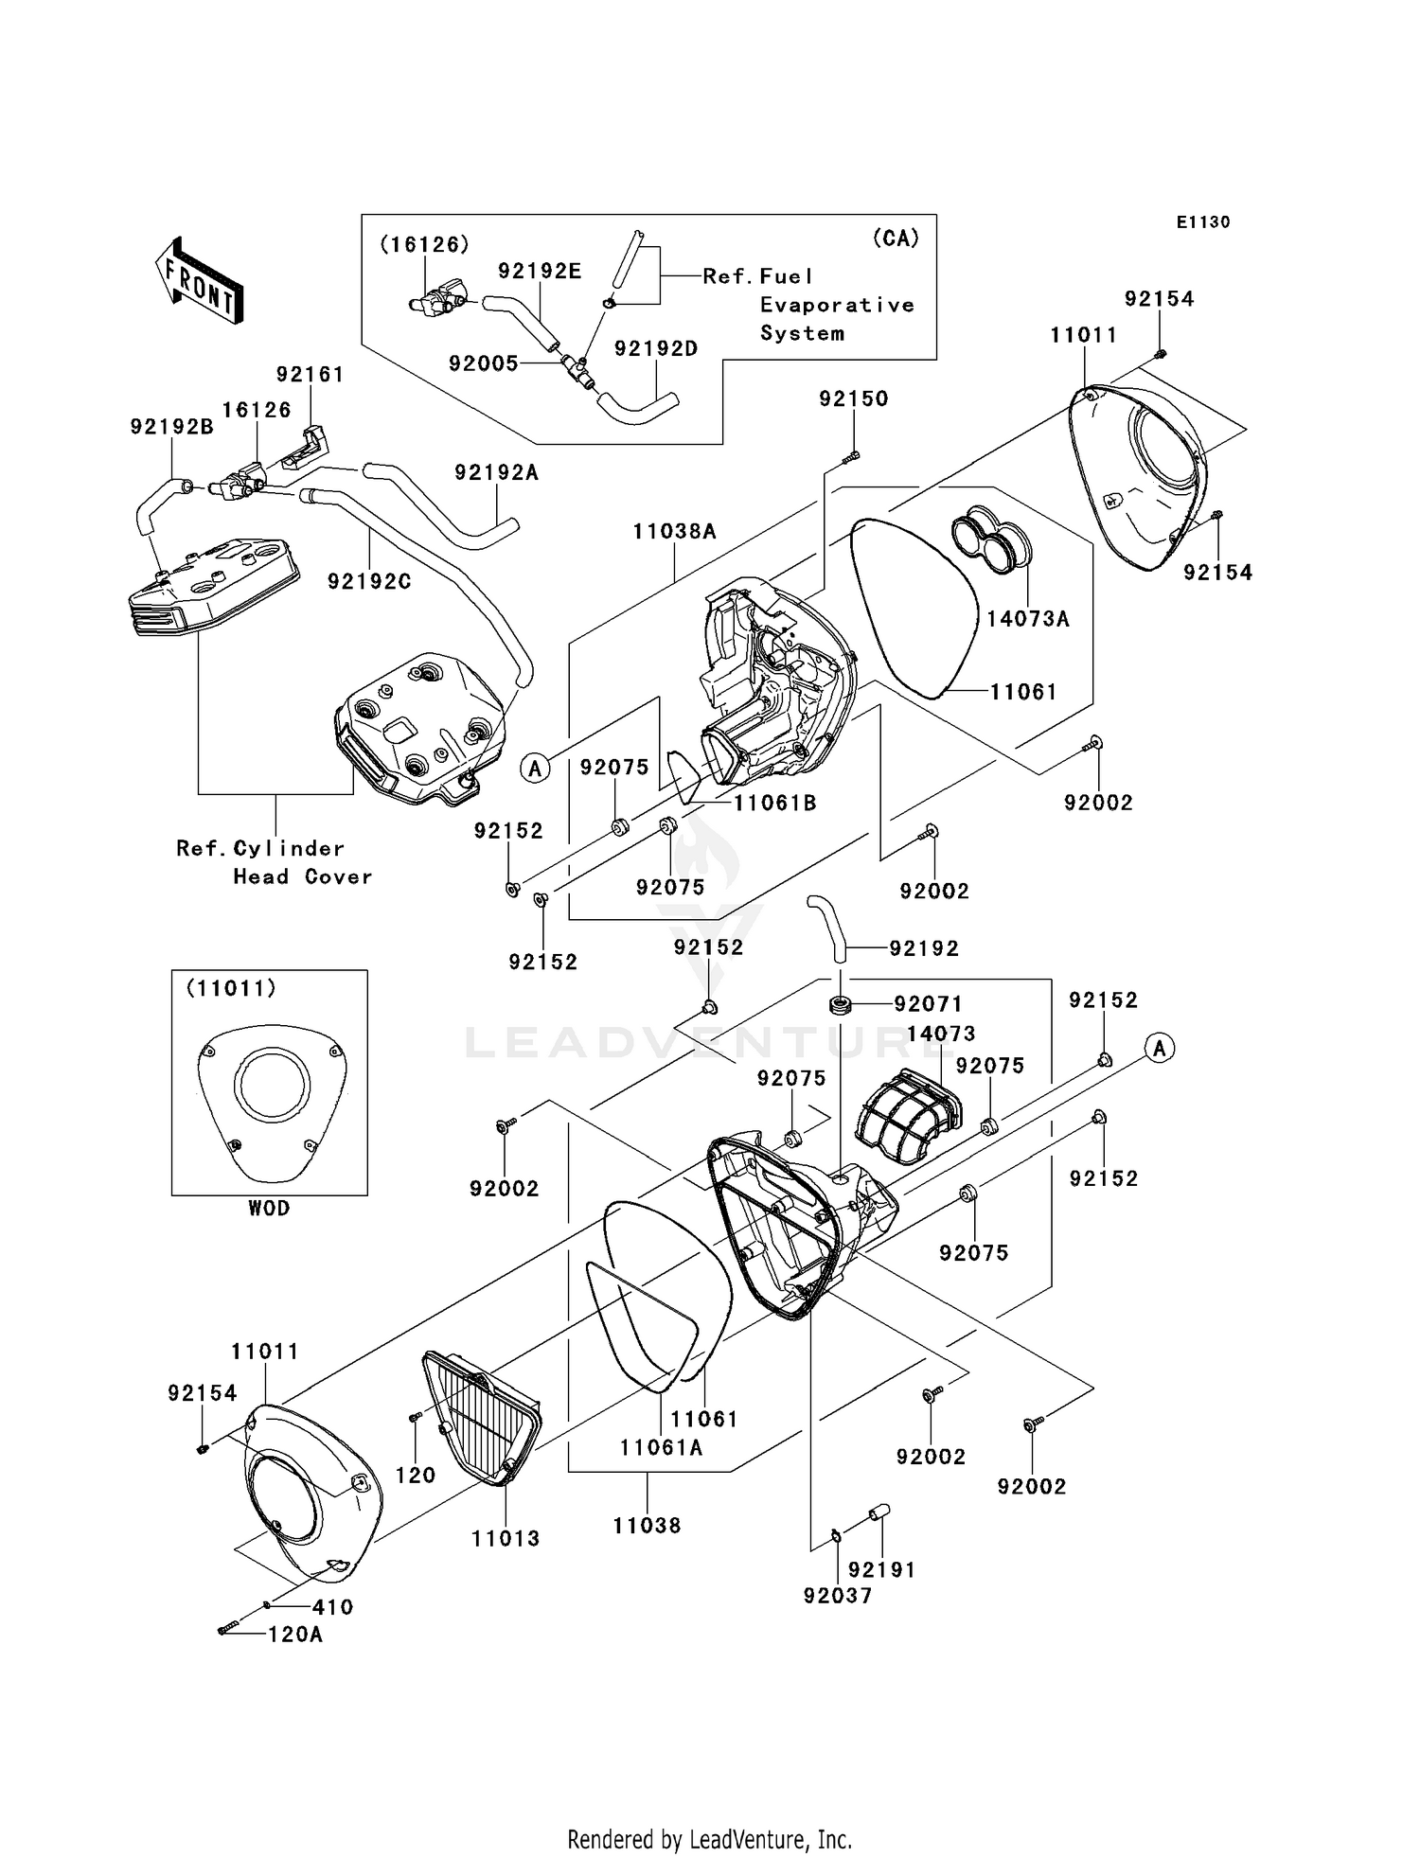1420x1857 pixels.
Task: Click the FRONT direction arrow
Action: pyautogui.click(x=200, y=281)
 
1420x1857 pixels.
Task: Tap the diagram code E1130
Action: pyautogui.click(x=1203, y=222)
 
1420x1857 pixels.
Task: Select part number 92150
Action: pyautogui.click(x=854, y=399)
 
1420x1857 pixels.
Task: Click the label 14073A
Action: pyautogui.click(x=1027, y=619)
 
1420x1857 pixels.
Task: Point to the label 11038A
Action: pyautogui.click(x=675, y=532)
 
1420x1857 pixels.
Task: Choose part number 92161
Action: pyautogui.click(x=310, y=375)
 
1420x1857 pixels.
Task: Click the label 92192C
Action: pyautogui.click(x=369, y=581)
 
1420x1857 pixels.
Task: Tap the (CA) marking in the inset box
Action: pyautogui.click(x=896, y=239)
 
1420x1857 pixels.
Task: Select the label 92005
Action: pyautogui.click(x=483, y=363)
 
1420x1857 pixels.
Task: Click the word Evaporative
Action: pyautogui.click(x=837, y=305)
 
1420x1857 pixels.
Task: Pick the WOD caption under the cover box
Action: pyautogui.click(x=269, y=1209)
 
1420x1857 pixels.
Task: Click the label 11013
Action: pyautogui.click(x=506, y=1539)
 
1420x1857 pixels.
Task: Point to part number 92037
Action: pyautogui.click(x=837, y=1596)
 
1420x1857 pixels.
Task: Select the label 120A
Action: pyautogui.click(x=295, y=1635)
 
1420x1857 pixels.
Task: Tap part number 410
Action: pyautogui.click(x=332, y=1607)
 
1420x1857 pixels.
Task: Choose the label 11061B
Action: pyautogui.click(x=774, y=804)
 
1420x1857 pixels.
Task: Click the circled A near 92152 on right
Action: pyautogui.click(x=1160, y=1048)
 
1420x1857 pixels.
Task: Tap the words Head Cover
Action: pyautogui.click(x=303, y=877)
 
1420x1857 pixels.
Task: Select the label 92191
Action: pyautogui.click(x=881, y=1570)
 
